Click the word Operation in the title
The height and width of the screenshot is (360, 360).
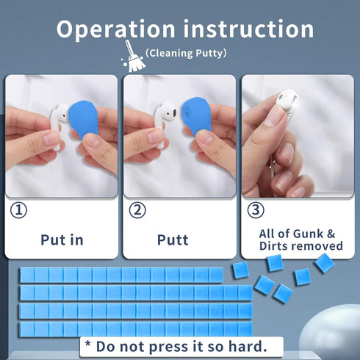pos(116,30)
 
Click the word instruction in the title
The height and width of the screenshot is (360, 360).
pos(248,29)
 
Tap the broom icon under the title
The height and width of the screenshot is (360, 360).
pos(134,57)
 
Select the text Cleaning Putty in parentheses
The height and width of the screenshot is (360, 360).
pos(186,53)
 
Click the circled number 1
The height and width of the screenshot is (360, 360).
pos(18,210)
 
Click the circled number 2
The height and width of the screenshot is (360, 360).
pos(137,210)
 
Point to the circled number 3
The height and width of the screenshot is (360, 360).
pos(256,210)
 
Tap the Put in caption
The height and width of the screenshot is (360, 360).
pos(62,240)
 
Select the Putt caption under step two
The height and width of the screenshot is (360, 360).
pos(173,240)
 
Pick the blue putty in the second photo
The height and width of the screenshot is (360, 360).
pos(196,117)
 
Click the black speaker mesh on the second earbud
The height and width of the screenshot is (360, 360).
pos(174,112)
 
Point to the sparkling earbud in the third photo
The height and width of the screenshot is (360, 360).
pos(287,101)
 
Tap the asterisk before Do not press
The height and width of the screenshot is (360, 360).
pos(87,345)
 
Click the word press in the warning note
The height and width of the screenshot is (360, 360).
pos(169,348)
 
